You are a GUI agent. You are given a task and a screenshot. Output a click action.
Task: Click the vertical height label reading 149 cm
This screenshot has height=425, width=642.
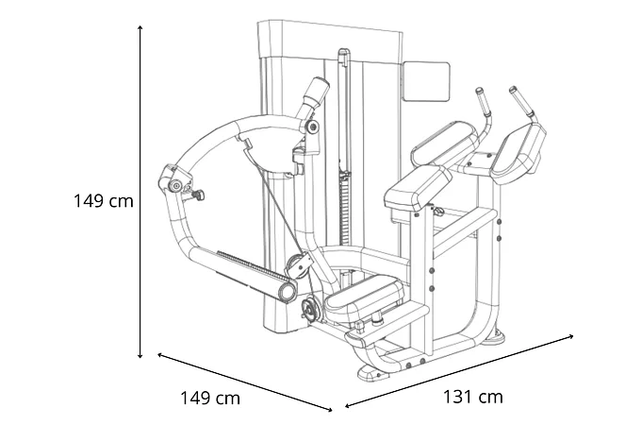(104, 201)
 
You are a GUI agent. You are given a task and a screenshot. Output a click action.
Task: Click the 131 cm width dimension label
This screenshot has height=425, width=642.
(472, 397)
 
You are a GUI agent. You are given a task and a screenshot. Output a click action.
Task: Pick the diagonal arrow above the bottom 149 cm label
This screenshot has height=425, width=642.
(244, 382)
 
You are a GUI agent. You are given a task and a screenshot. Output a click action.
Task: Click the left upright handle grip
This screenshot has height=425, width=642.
(483, 100)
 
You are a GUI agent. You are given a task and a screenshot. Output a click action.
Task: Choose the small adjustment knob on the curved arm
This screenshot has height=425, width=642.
(199, 195)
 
